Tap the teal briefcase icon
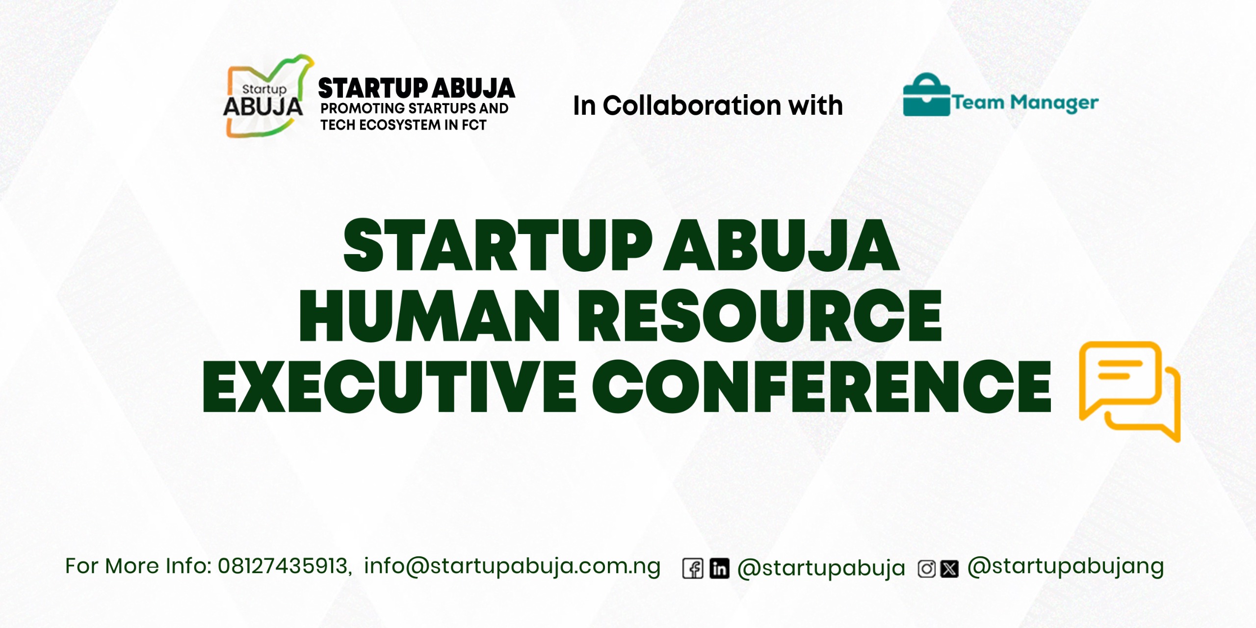[x=926, y=96]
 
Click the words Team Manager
[x=1025, y=103]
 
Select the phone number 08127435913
[x=283, y=566]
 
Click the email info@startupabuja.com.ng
[x=512, y=566]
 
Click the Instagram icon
[x=927, y=569]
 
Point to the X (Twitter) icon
[x=950, y=569]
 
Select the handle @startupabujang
[x=1065, y=566]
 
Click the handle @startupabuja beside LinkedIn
[x=821, y=568]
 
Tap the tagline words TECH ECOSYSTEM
[x=380, y=125]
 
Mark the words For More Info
[x=138, y=566]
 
